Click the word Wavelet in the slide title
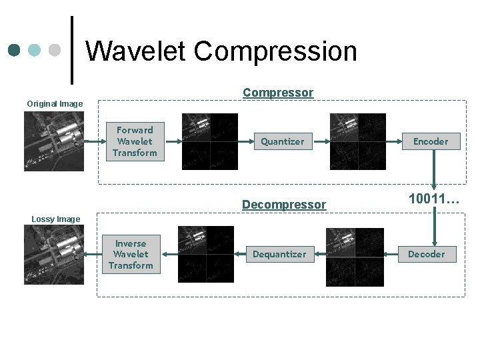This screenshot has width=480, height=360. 136,51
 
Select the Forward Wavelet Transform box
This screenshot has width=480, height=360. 135,141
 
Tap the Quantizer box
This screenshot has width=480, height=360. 282,141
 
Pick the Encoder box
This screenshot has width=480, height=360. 431,141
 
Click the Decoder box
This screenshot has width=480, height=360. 426,254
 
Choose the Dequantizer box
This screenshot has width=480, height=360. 279,254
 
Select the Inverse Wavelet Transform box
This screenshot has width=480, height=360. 131,254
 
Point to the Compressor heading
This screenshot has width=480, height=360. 277,93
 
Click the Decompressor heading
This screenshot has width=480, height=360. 284,205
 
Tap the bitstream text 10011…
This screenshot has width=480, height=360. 434,199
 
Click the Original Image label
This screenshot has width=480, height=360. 55,104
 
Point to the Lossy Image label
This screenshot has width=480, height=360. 55,219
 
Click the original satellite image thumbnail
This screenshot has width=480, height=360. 54,141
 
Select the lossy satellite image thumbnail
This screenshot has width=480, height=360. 54,254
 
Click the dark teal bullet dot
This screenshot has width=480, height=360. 15,51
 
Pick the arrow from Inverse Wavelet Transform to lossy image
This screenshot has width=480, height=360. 93,254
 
